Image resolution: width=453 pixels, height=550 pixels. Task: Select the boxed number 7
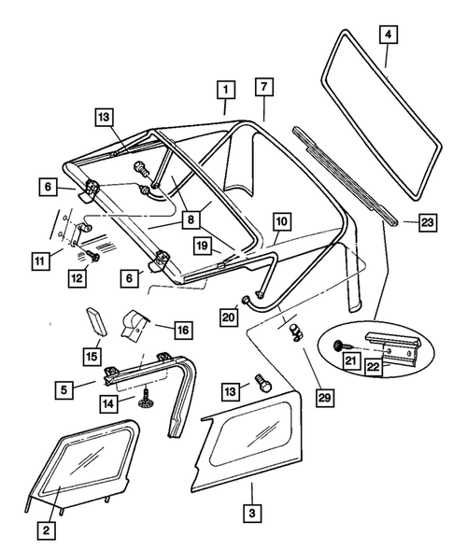(x=264, y=89)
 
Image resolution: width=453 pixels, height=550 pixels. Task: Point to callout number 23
(x=426, y=223)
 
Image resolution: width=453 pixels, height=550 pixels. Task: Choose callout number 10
(x=280, y=225)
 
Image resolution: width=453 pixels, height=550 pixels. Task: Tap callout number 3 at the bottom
(x=251, y=513)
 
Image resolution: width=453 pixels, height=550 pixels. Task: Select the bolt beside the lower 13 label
(x=263, y=383)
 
